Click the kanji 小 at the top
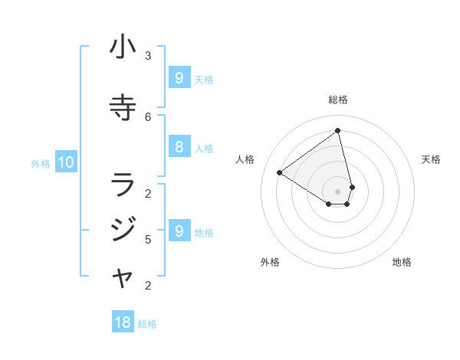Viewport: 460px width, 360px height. pyautogui.click(x=123, y=47)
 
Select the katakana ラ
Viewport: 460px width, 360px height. pyautogui.click(x=123, y=185)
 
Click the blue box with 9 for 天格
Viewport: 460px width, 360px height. pyautogui.click(x=179, y=77)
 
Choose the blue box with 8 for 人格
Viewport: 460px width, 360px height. pyautogui.click(x=179, y=147)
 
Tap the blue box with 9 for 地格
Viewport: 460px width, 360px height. pyautogui.click(x=179, y=231)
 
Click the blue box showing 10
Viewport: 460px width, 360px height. pyautogui.click(x=66, y=162)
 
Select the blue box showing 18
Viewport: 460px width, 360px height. pyautogui.click(x=123, y=322)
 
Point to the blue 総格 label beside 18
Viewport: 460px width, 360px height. pyautogui.click(x=147, y=324)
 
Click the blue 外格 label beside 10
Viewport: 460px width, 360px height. pyautogui.click(x=41, y=163)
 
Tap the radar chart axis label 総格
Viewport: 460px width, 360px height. pyautogui.click(x=338, y=100)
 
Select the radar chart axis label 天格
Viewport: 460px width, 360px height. pyautogui.click(x=431, y=159)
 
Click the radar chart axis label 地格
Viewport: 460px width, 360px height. pyautogui.click(x=402, y=262)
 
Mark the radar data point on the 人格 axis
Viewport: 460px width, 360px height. pyautogui.click(x=280, y=172)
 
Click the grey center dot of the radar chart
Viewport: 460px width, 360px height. pyautogui.click(x=337, y=191)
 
